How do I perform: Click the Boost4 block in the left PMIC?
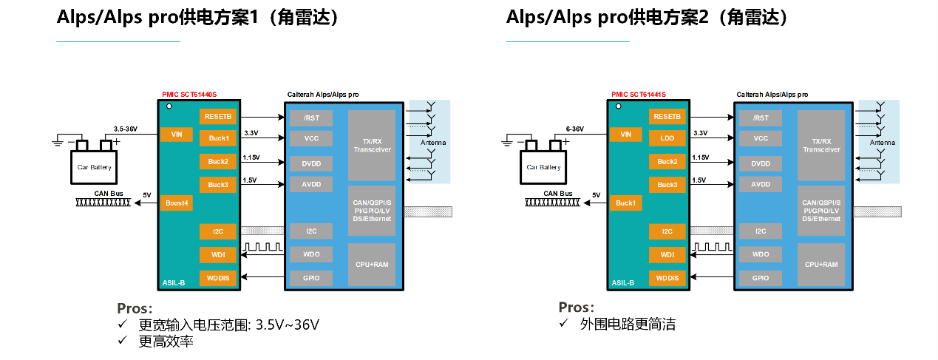click(x=177, y=203)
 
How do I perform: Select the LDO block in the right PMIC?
click(x=667, y=138)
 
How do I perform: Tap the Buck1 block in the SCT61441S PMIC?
click(x=625, y=203)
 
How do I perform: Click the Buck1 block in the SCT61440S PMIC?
click(x=217, y=138)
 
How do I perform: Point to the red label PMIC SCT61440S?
click(x=189, y=95)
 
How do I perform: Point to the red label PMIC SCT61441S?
click(x=639, y=95)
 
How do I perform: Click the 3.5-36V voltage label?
click(x=125, y=129)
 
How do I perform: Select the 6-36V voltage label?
click(x=574, y=129)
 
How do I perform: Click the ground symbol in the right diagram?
click(x=507, y=140)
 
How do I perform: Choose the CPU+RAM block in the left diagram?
click(x=371, y=264)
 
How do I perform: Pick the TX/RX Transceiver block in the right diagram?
click(x=821, y=145)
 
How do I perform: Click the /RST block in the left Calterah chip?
click(x=311, y=118)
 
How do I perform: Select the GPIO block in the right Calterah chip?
click(x=761, y=278)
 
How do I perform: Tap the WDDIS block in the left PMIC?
click(x=217, y=278)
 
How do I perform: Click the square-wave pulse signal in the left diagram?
click(x=264, y=246)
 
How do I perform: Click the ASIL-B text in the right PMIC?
click(x=623, y=282)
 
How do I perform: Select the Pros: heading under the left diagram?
click(x=135, y=308)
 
